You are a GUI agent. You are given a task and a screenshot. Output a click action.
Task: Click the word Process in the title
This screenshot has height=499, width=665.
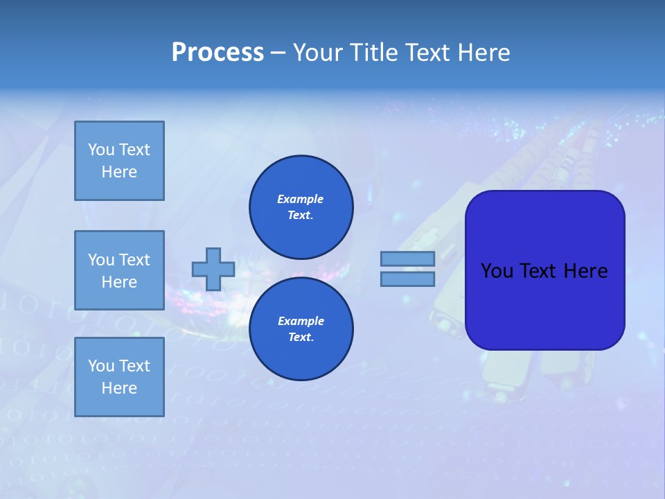218,53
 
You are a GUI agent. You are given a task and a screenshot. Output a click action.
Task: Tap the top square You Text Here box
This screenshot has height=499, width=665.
119,161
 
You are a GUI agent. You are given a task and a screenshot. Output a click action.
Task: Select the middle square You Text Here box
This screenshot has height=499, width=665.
119,270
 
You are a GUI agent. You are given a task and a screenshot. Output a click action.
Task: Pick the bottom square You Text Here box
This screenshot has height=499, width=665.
119,377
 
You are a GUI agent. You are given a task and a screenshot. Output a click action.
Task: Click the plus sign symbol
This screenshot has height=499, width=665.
213,269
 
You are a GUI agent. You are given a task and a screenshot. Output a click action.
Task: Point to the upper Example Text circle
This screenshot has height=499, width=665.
301,207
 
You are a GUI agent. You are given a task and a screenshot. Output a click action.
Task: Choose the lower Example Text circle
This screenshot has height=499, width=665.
301,329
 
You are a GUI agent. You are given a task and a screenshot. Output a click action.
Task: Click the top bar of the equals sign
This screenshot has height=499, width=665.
407,259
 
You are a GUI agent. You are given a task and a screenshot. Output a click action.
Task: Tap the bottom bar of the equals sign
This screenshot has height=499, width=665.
407,279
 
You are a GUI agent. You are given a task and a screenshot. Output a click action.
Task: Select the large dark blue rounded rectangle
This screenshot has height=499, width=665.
544,270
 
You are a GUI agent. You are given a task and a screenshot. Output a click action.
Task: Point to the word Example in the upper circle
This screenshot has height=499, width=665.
300,200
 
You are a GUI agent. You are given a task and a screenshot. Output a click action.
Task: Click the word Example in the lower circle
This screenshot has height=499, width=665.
301,322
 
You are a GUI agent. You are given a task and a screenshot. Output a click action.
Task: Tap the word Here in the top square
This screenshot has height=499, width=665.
119,172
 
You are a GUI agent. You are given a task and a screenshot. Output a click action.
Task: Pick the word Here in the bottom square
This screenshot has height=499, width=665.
119,388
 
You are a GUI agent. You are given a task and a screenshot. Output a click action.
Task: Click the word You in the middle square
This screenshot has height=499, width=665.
100,260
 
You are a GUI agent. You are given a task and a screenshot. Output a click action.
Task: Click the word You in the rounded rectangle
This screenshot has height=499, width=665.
497,271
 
